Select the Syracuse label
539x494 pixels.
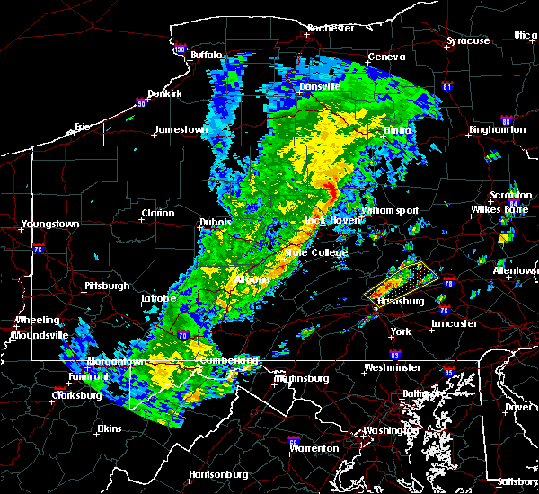[469, 40]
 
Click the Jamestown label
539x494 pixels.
[181, 129]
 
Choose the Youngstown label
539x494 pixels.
[51, 224]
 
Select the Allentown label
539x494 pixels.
[515, 270]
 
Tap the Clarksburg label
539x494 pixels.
[52, 395]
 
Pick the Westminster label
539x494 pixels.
[392, 368]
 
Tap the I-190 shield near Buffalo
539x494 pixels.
[180, 49]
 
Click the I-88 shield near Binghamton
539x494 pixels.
[506, 121]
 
